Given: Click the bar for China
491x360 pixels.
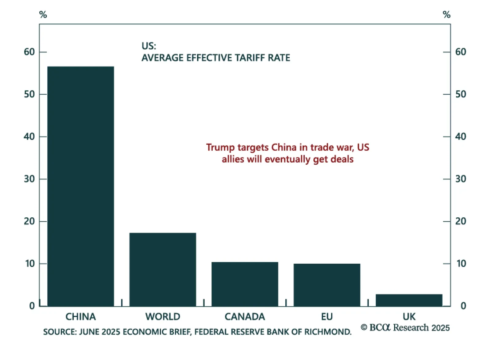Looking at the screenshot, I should coord(81,186).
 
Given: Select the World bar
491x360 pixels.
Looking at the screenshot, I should coord(163,269).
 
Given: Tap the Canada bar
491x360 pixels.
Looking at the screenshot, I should coord(245,284).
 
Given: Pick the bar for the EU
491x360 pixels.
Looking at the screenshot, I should coord(327,285).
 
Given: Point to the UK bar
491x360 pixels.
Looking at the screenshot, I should coord(409,300).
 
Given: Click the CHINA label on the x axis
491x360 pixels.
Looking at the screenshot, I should coord(81,317).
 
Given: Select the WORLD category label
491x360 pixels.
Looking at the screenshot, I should coord(163,317).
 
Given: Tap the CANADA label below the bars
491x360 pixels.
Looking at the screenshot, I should coord(245,317).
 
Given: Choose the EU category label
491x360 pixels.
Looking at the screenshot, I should coord(327,317).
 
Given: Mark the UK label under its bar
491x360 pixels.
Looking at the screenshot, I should coord(409,317).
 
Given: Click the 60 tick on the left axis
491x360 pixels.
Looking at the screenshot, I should coord(29,52).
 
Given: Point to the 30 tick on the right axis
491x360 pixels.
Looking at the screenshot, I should coord(461,179).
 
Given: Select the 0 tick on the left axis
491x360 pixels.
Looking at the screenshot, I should coord(32,306).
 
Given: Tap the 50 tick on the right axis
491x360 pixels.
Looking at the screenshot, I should coord(461,94).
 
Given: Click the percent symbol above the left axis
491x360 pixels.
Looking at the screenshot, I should coord(43,14).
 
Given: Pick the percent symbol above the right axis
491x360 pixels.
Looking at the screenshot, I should coord(447,14).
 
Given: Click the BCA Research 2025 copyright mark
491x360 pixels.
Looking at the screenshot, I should coord(405,328).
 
